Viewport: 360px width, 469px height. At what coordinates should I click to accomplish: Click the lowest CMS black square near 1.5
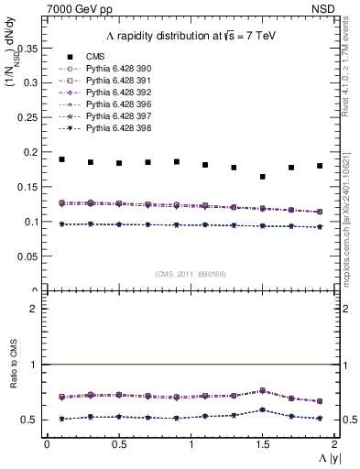[x=263, y=177]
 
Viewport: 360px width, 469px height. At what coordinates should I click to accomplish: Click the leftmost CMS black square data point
[x=61, y=159]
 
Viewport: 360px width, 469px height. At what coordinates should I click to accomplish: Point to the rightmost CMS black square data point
[x=320, y=166]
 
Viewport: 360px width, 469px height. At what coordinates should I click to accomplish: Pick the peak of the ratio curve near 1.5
[x=263, y=390]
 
